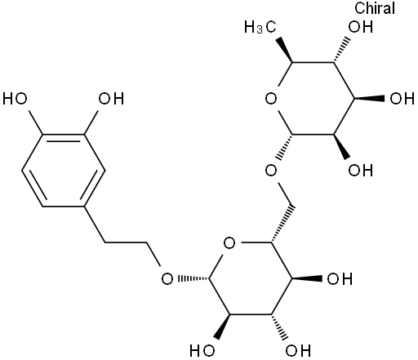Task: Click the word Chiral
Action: coord(375,8)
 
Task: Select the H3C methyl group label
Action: coord(260,27)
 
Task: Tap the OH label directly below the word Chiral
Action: coord(361,27)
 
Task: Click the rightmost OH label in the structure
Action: coord(402,99)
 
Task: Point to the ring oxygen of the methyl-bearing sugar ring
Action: coord(271,99)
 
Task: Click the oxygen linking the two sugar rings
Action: coord(271,171)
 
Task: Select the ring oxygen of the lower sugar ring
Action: coord(229,243)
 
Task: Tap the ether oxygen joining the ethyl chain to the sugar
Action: coord(167,279)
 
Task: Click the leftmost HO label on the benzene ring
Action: coord(15,99)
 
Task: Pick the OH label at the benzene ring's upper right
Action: coord(111,99)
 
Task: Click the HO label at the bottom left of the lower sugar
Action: coord(202,350)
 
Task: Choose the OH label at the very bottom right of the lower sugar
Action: coord(298,350)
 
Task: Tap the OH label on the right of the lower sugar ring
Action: coord(340,279)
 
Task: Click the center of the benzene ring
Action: coord(63,171)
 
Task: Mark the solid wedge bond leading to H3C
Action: coord(285,51)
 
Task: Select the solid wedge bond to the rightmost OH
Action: coord(369,99)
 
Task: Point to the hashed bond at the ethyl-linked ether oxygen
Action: coord(193,279)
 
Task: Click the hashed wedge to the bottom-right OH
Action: coord(278,327)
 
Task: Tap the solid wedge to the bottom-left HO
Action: coord(222,327)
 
